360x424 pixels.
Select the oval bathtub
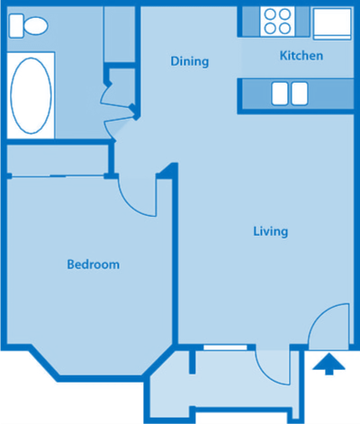[x=31, y=93]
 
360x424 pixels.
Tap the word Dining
[x=190, y=62]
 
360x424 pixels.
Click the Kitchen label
[x=301, y=56]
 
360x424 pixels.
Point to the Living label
[x=270, y=231]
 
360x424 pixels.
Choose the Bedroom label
[x=94, y=265]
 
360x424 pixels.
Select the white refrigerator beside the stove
[x=331, y=22]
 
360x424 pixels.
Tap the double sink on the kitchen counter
[x=289, y=92]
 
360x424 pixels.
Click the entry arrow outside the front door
[x=329, y=365]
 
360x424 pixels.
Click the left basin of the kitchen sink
[x=279, y=92]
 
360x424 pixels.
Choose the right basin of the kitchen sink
[x=299, y=92]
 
